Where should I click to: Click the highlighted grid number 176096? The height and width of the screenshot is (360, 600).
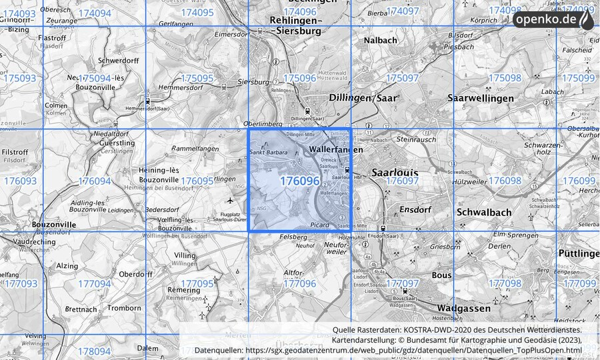tap(299, 181)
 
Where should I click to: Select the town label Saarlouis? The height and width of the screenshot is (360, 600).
tap(395, 172)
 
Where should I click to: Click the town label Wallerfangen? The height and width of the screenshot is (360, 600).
tap(337, 150)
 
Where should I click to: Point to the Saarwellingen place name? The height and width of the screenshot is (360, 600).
tap(481, 98)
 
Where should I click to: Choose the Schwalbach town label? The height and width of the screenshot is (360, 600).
tap(485, 212)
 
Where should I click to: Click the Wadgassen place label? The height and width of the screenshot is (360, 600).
tap(464, 308)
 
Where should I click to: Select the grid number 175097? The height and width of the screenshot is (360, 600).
tap(402, 78)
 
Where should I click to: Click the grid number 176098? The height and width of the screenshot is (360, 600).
tap(505, 181)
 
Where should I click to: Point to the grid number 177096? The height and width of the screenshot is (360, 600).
tap(299, 283)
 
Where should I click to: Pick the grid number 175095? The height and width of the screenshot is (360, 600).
tap(197, 78)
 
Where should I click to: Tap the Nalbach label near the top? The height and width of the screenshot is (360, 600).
tap(380, 41)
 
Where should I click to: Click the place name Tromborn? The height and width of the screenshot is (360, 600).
tap(123, 308)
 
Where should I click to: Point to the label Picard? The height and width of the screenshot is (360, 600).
tap(319, 225)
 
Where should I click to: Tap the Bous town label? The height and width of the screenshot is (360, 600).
tap(441, 275)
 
